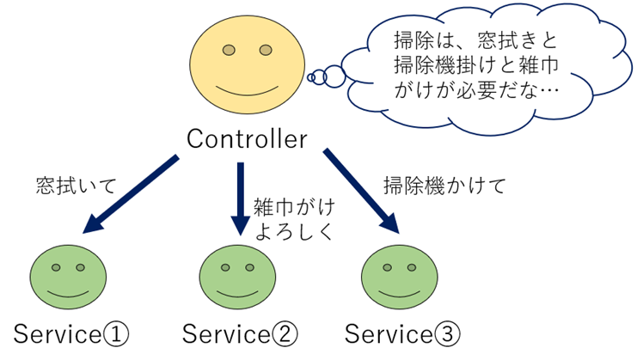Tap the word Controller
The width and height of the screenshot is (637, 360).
[247, 138]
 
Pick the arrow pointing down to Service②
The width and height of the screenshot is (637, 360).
[240, 199]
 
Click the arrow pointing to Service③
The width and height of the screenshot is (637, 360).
[361, 192]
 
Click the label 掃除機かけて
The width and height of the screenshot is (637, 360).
[444, 185]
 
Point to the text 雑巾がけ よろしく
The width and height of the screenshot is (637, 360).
[293, 219]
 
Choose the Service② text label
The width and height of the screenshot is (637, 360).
[241, 333]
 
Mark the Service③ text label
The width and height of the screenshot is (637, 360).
[401, 333]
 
